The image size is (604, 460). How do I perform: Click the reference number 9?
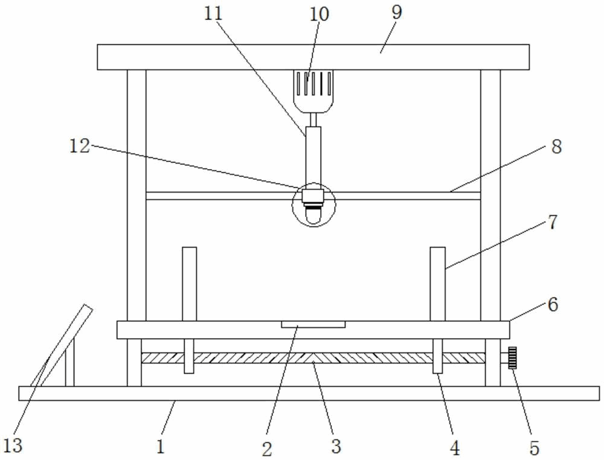click(397, 12)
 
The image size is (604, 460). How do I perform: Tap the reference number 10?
click(320, 14)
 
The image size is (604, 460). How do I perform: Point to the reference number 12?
click(80, 146)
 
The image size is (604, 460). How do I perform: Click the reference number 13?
click(13, 446)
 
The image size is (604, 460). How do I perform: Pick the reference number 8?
click(556, 147)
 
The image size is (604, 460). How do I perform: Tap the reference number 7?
click(553, 222)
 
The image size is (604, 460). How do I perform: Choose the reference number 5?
click(535, 448)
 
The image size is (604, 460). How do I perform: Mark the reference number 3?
click(336, 447)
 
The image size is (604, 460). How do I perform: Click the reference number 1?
click(161, 447)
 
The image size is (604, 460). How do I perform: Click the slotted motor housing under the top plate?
click(313, 91)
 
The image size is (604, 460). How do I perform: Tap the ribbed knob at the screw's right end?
click(512, 358)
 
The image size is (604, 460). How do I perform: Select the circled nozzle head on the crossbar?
click(313, 205)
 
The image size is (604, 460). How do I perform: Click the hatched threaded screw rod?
click(313, 358)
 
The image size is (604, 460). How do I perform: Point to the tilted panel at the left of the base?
click(62, 345)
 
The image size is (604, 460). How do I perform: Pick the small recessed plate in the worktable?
click(313, 325)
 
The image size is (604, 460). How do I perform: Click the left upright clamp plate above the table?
click(189, 284)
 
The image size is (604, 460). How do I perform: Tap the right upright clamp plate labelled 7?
click(437, 284)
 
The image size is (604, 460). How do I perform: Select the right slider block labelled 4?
click(437, 356)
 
